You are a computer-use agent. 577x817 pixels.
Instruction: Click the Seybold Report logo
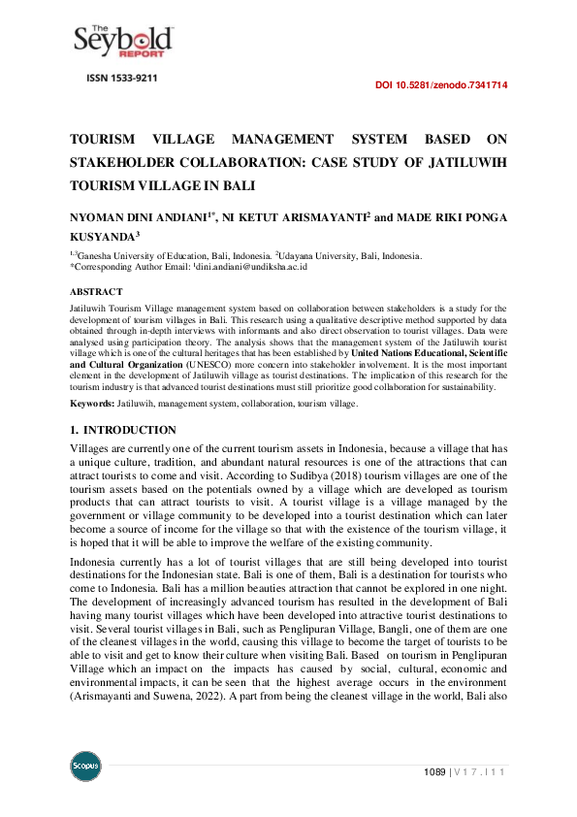[123, 40]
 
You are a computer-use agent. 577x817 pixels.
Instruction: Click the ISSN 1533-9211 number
[121, 78]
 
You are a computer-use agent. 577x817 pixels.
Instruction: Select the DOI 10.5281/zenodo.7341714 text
[440, 85]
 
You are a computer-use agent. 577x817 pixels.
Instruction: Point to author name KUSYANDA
[102, 236]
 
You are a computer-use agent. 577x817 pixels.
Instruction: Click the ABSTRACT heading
[96, 291]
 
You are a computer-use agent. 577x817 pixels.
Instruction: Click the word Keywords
[91, 403]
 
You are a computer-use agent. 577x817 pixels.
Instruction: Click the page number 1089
[434, 771]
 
